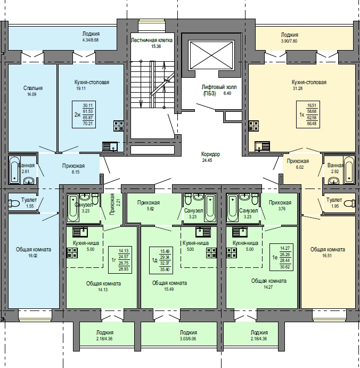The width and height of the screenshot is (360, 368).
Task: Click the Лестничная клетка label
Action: [152, 40]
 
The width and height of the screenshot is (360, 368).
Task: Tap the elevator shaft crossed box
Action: [211, 55]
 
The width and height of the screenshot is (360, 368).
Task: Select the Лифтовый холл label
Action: [219, 87]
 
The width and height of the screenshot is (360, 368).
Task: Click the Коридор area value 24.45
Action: [207, 160]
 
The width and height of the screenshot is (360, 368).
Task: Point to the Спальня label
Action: [33, 88]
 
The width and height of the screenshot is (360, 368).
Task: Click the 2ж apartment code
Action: [77, 115]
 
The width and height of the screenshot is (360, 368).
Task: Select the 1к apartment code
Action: [302, 115]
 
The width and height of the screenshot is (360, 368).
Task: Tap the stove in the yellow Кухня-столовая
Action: [253, 126]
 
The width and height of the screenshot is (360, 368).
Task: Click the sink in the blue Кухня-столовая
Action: [110, 146]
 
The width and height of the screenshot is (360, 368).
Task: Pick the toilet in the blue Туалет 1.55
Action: [14, 203]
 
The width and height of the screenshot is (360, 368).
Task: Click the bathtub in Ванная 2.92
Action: [349, 170]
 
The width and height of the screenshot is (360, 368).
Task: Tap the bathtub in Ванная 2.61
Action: [14, 170]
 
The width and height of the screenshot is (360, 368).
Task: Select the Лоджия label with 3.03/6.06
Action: [188, 332]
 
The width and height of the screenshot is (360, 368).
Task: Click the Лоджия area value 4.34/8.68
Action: [91, 40]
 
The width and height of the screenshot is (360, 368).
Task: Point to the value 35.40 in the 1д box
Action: [165, 269]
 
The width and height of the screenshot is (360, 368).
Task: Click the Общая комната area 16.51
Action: [327, 256]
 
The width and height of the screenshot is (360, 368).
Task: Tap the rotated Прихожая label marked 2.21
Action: [112, 204]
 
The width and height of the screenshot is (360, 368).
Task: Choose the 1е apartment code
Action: [275, 257]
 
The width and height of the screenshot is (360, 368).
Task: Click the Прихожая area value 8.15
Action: [75, 172]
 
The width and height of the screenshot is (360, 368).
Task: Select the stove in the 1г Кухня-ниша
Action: [72, 253]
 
